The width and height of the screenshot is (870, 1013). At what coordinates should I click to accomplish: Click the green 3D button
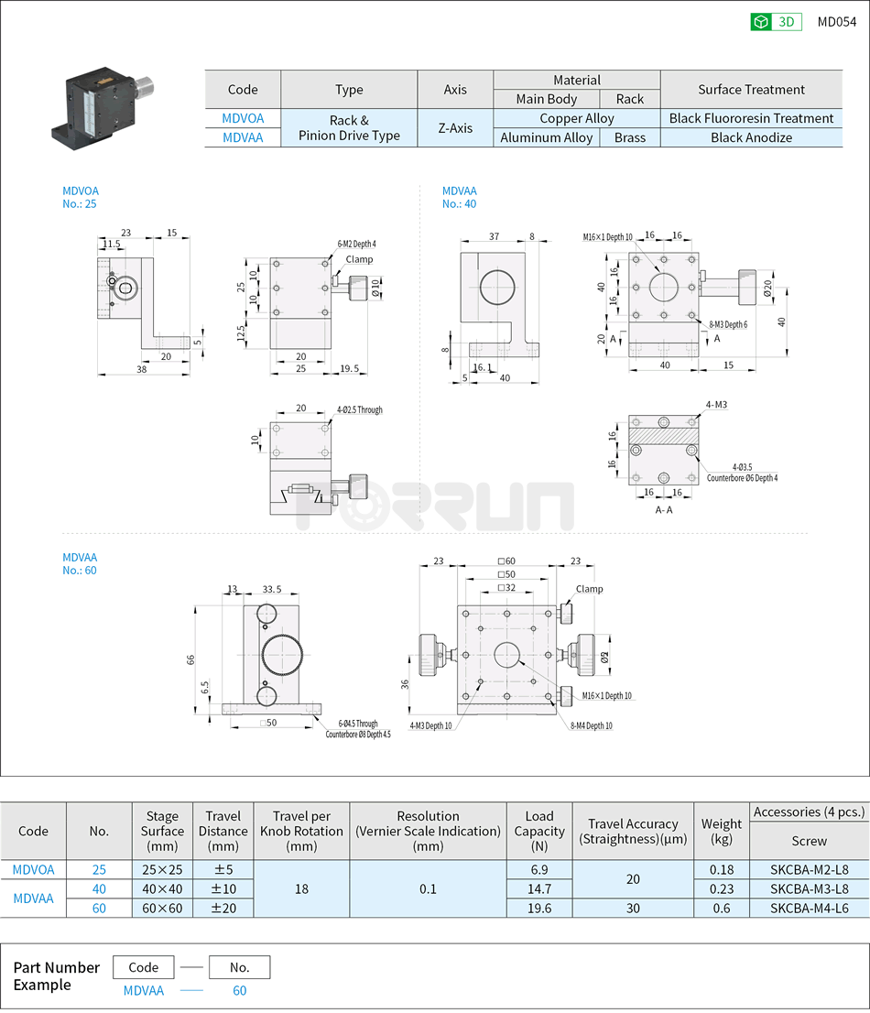tap(776, 22)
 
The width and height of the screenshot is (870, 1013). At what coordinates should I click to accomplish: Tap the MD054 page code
tap(836, 22)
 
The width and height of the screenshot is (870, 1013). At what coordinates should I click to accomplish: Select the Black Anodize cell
tap(751, 138)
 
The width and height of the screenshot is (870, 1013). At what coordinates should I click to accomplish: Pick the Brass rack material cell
tap(629, 138)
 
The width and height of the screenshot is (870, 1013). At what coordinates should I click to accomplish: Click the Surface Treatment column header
tap(751, 90)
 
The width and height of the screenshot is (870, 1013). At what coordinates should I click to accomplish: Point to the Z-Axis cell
tap(455, 128)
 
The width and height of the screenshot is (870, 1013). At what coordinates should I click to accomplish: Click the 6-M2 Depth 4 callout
tap(356, 244)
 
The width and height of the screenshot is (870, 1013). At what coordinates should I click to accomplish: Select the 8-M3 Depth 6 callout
tap(729, 324)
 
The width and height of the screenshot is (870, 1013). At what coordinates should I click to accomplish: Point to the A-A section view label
tap(664, 510)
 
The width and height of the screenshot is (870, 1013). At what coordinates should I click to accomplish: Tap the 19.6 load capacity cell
tap(539, 908)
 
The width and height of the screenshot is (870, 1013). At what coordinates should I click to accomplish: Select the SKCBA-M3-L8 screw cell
tap(809, 888)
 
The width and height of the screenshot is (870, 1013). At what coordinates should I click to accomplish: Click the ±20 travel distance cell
tap(223, 908)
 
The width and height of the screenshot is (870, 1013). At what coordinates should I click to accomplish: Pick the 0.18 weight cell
tap(722, 869)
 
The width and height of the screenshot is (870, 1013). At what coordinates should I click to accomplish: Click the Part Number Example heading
tap(56, 976)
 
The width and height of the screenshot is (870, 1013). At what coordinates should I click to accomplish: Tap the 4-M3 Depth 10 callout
tap(430, 725)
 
